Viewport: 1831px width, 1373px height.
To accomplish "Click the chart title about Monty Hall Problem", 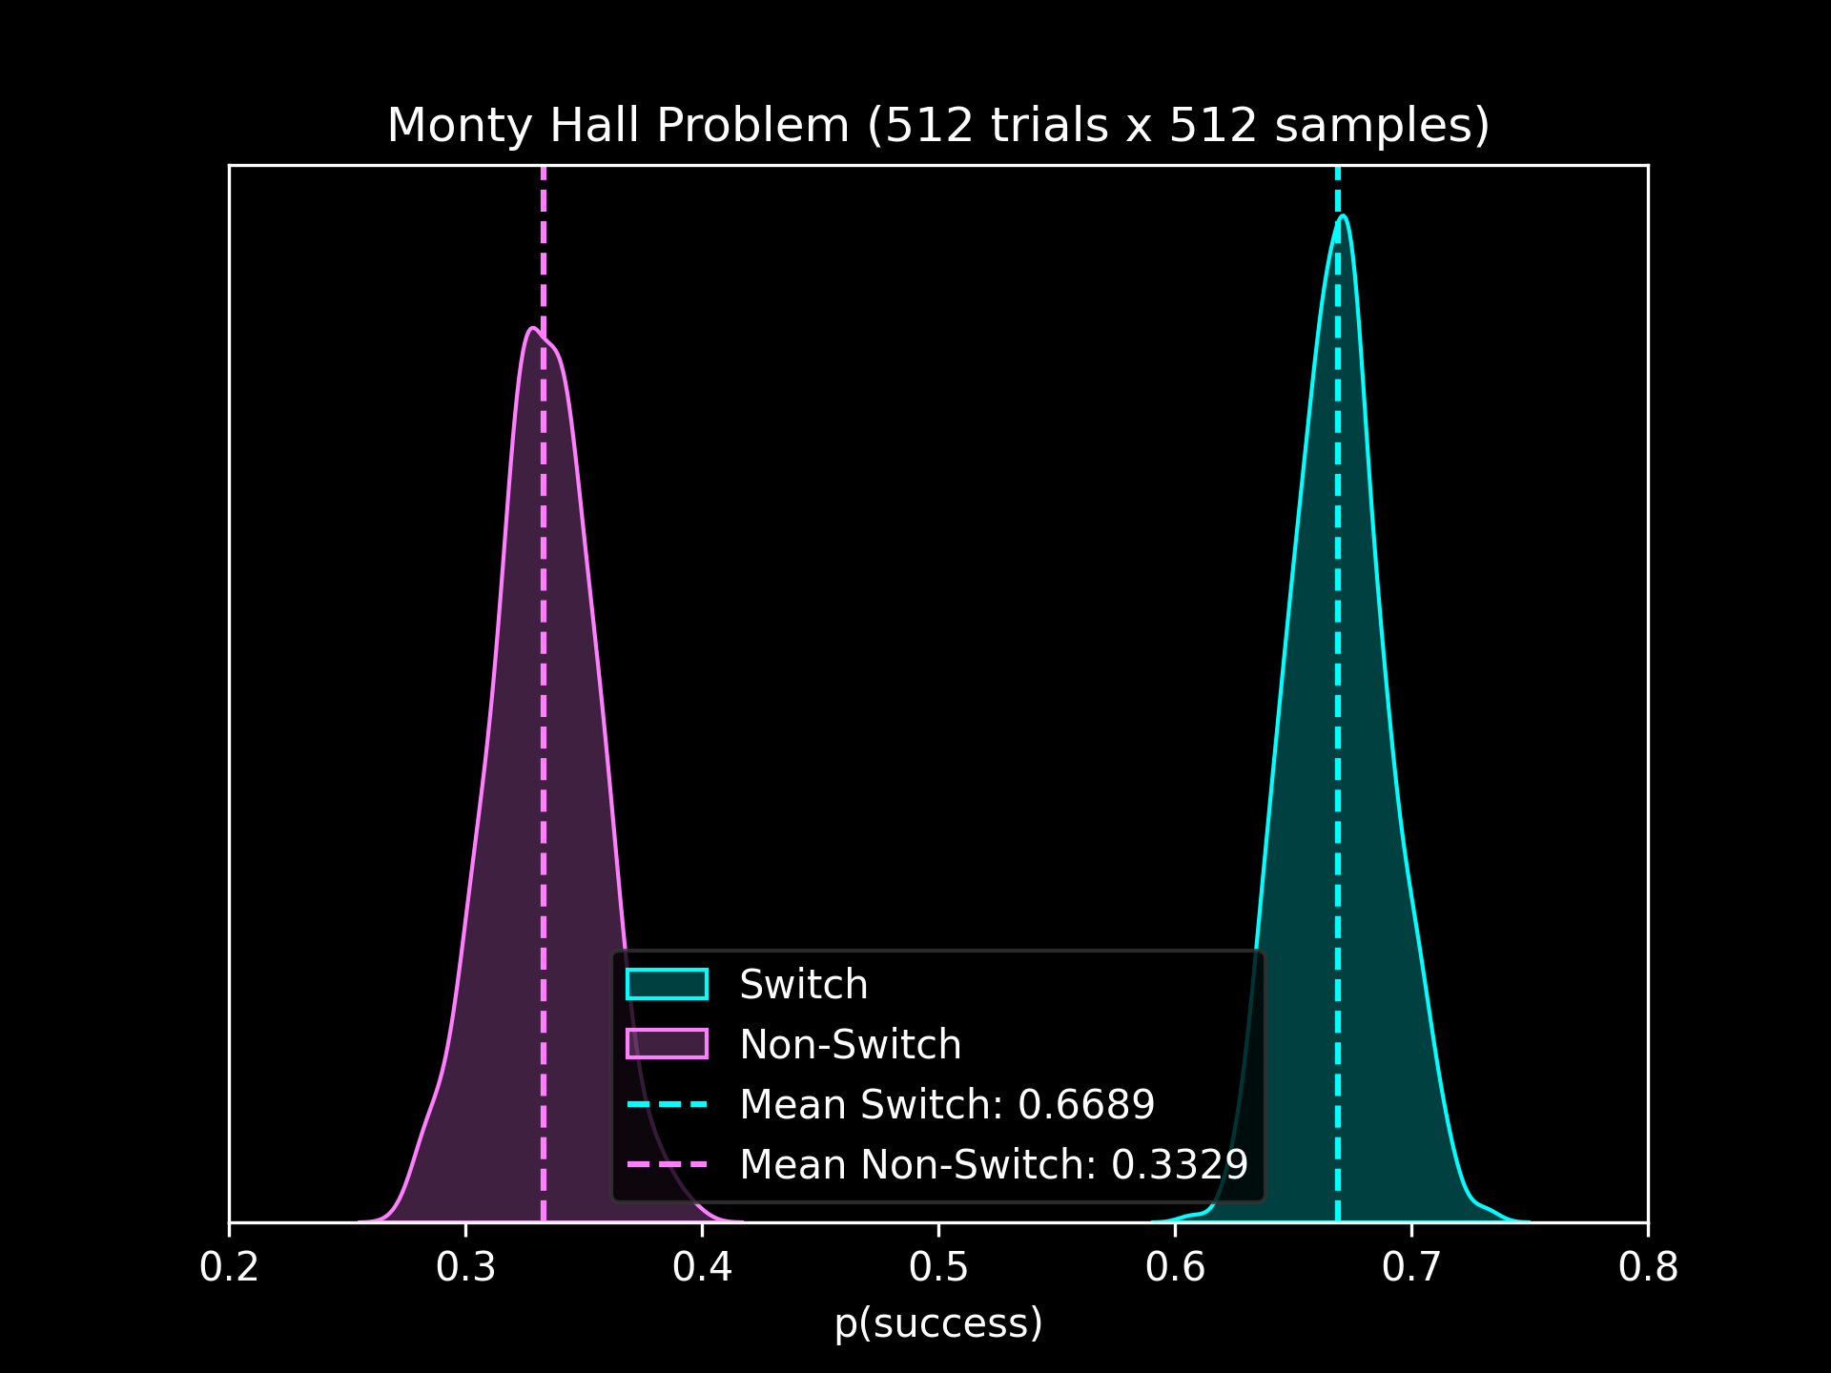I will [938, 126].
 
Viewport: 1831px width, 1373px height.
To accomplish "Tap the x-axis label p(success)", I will [938, 1323].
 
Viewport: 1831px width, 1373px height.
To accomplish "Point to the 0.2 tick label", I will [229, 1268].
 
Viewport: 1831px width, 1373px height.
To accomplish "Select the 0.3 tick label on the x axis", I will [465, 1268].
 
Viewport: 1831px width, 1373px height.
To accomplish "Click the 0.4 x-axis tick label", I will [702, 1268].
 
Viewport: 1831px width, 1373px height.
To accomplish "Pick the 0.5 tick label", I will [938, 1268].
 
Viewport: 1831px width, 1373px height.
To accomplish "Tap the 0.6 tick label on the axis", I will [1175, 1268].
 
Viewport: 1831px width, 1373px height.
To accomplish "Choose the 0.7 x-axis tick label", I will [1411, 1268].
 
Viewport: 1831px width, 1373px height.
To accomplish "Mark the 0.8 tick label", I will [1648, 1268].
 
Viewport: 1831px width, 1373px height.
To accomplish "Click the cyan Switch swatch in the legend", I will [667, 984].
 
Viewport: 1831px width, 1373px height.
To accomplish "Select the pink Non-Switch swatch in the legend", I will [667, 1044].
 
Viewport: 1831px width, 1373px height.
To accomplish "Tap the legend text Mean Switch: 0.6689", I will [947, 1105].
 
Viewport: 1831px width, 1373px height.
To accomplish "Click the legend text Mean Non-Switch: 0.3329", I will [994, 1165].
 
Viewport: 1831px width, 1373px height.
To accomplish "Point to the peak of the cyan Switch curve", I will [1343, 216].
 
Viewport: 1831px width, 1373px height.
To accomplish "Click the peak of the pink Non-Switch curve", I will [531, 329].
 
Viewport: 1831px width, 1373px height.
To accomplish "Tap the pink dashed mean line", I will [544, 667].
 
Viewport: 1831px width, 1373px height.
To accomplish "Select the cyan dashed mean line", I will [1338, 667].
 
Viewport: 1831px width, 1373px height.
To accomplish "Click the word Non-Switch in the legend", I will [851, 1045].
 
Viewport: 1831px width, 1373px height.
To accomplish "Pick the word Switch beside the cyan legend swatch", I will [804, 985].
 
